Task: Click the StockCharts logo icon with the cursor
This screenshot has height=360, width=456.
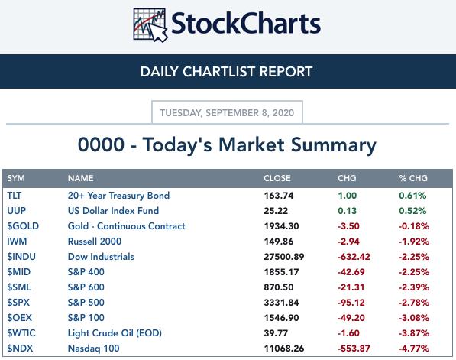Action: click(x=150, y=25)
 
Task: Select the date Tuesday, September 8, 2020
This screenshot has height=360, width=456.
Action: click(x=227, y=112)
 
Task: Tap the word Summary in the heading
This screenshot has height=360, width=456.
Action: click(x=334, y=145)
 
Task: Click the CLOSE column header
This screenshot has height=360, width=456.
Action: click(x=277, y=178)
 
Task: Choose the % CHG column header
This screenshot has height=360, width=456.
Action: click(x=413, y=178)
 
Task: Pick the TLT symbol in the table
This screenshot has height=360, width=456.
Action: click(x=15, y=195)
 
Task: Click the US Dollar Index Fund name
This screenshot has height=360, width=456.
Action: click(x=113, y=211)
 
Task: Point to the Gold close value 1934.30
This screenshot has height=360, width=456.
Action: click(x=281, y=226)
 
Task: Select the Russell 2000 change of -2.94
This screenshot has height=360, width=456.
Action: click(x=348, y=242)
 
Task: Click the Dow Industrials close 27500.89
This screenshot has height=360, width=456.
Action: click(x=284, y=257)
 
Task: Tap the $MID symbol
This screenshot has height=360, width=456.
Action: click(x=18, y=272)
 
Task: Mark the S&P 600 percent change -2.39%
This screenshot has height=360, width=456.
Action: click(x=414, y=287)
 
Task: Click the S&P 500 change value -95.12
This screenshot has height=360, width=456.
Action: click(x=351, y=303)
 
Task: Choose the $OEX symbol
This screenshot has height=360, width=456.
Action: click(x=20, y=318)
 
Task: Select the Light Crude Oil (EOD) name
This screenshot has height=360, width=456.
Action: click(x=115, y=333)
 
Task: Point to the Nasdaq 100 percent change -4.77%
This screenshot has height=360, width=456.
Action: click(x=414, y=349)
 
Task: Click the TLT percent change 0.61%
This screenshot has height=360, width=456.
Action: click(x=412, y=195)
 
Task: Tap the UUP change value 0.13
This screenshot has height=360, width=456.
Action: click(x=347, y=211)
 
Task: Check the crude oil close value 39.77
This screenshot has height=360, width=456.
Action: click(x=276, y=333)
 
